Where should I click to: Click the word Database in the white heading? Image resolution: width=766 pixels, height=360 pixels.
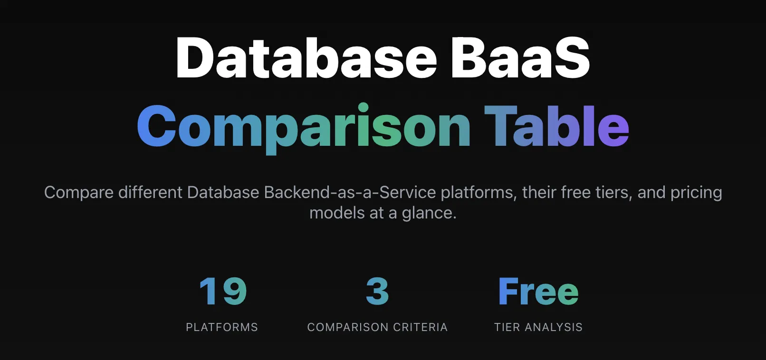(x=306, y=57)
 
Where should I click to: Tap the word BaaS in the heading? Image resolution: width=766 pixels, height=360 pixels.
(x=520, y=57)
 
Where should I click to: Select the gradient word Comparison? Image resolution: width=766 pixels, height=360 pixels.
(x=304, y=129)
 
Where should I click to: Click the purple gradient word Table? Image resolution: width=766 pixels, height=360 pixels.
(x=556, y=126)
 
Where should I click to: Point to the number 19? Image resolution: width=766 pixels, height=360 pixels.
(x=222, y=291)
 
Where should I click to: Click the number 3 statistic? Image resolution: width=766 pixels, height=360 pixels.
(x=377, y=291)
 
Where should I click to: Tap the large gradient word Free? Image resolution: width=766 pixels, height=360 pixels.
(x=538, y=291)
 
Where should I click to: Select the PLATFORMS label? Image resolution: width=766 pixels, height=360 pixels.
(x=222, y=327)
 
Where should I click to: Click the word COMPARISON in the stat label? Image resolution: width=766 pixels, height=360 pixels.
(x=348, y=327)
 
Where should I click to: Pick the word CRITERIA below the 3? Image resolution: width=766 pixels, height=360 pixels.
(x=420, y=327)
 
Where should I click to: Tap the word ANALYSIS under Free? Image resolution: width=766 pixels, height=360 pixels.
(x=554, y=327)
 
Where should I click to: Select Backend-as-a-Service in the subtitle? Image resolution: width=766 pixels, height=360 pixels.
(x=350, y=192)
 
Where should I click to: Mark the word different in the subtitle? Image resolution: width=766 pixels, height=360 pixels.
(x=151, y=192)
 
